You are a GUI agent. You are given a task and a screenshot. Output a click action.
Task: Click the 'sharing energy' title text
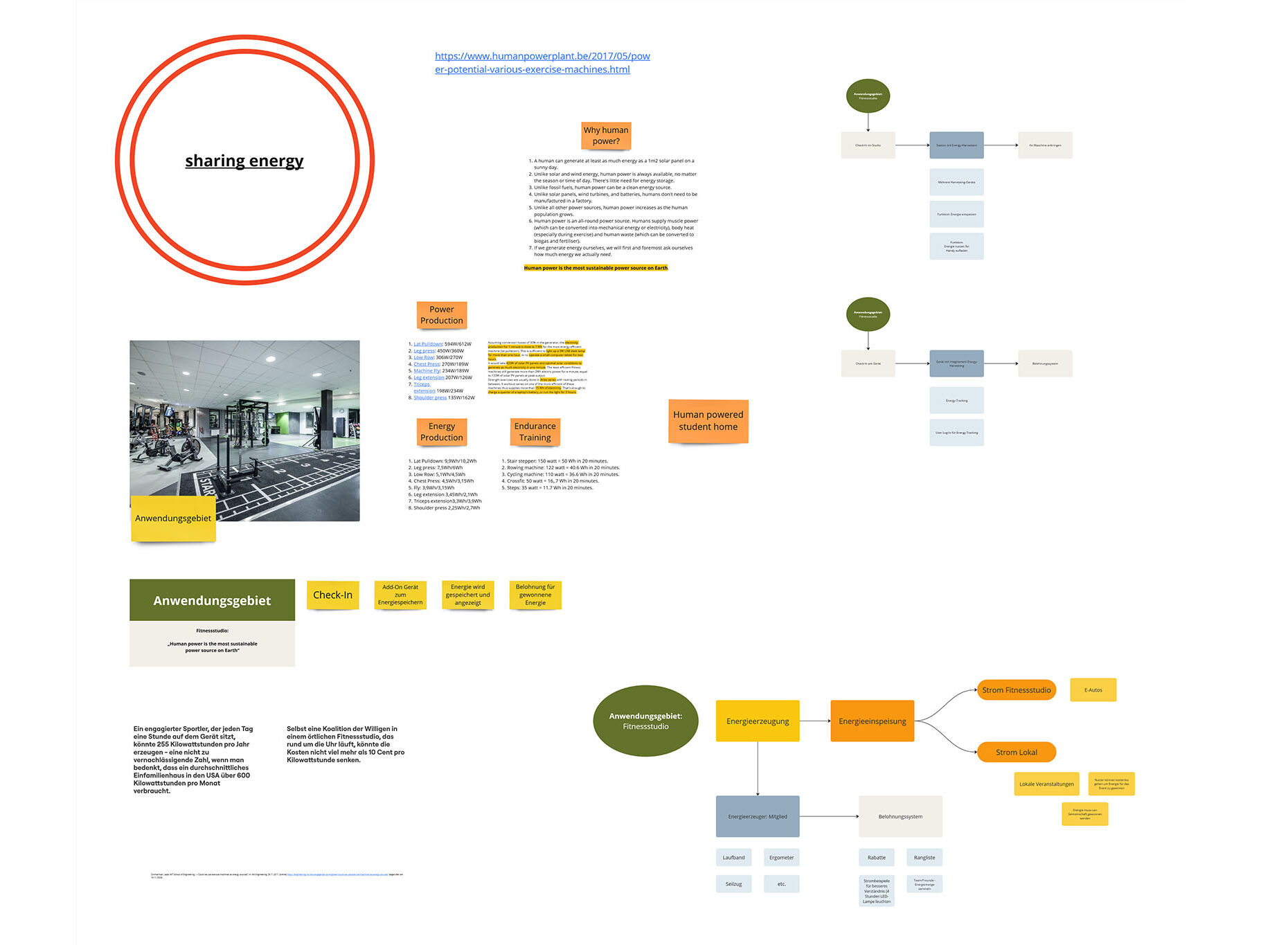tap(244, 161)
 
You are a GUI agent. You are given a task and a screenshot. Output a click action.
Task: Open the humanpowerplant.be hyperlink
tap(542, 62)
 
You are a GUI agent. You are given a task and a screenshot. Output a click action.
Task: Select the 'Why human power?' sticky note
tap(606, 136)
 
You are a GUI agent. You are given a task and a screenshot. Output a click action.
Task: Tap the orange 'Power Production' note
tap(441, 315)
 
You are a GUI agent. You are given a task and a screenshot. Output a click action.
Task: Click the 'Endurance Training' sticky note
tap(535, 431)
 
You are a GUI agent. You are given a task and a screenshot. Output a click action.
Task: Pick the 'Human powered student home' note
tap(708, 420)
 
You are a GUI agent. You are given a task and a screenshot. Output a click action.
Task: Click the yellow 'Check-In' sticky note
tap(332, 595)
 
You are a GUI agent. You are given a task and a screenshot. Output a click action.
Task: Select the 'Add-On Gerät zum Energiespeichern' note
tap(400, 595)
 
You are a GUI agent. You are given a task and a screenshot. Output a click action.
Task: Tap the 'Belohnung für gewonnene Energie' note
tap(535, 595)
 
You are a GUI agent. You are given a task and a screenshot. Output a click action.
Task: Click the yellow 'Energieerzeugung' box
tap(757, 721)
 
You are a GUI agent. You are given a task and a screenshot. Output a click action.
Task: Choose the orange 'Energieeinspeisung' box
tap(872, 721)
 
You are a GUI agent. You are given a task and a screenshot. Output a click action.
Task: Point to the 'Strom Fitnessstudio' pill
tap(1016, 690)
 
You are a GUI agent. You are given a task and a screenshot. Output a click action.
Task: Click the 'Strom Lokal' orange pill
tap(1016, 752)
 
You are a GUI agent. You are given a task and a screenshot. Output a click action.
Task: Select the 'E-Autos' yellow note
tap(1093, 690)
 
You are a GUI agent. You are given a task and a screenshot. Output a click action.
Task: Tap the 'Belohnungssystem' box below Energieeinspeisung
tap(900, 816)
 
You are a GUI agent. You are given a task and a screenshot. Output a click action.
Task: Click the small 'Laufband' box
tap(733, 857)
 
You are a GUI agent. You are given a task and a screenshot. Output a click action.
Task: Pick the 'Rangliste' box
tap(924, 857)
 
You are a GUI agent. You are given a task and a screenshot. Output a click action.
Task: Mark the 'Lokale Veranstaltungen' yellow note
tap(1046, 784)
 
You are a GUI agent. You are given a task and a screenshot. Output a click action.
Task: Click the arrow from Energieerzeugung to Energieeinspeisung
tap(815, 721)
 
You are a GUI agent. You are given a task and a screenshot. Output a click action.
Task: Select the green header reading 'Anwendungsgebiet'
tap(212, 600)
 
